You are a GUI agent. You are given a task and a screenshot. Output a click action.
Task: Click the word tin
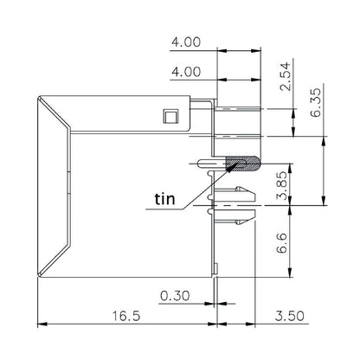tap(164, 198)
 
